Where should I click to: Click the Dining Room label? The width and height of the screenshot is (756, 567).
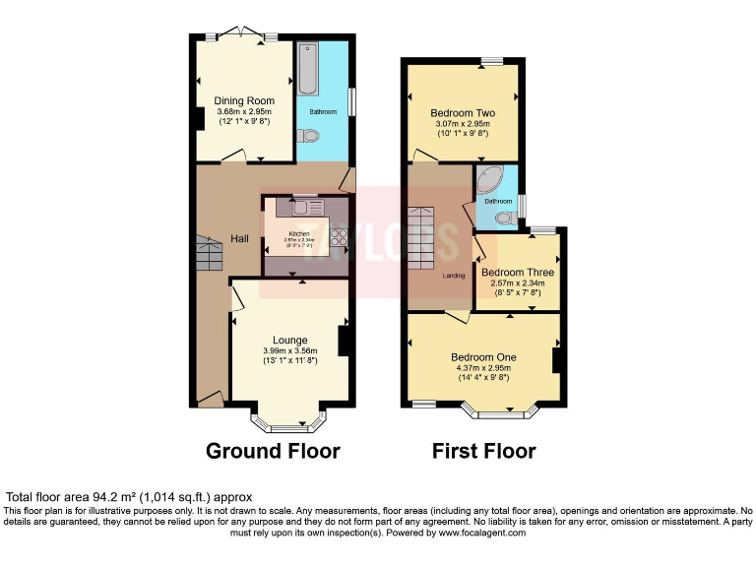(244, 100)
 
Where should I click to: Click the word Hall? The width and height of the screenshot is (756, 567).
(239, 239)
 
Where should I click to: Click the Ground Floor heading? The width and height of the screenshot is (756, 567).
(273, 452)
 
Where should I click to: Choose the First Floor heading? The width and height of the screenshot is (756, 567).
(483, 452)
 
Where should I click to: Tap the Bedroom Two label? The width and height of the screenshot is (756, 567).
(462, 113)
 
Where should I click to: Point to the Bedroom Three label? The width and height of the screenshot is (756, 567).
(517, 273)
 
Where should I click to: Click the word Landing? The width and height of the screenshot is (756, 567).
(453, 275)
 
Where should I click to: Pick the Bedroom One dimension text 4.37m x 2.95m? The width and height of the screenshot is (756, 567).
(483, 367)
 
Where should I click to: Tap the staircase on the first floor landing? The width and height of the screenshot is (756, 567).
(421, 238)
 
